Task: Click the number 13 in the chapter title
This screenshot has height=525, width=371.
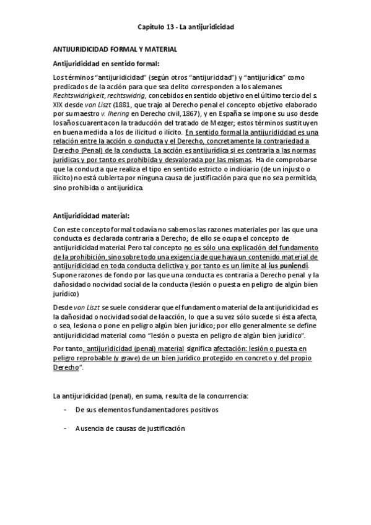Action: [x=171, y=28]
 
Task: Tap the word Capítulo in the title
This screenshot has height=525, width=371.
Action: [x=151, y=28]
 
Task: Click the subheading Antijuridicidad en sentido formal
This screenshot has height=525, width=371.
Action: [x=106, y=63]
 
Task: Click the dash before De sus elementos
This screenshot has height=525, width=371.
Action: [x=66, y=410]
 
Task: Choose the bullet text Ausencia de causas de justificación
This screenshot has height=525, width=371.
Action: [x=130, y=428]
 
